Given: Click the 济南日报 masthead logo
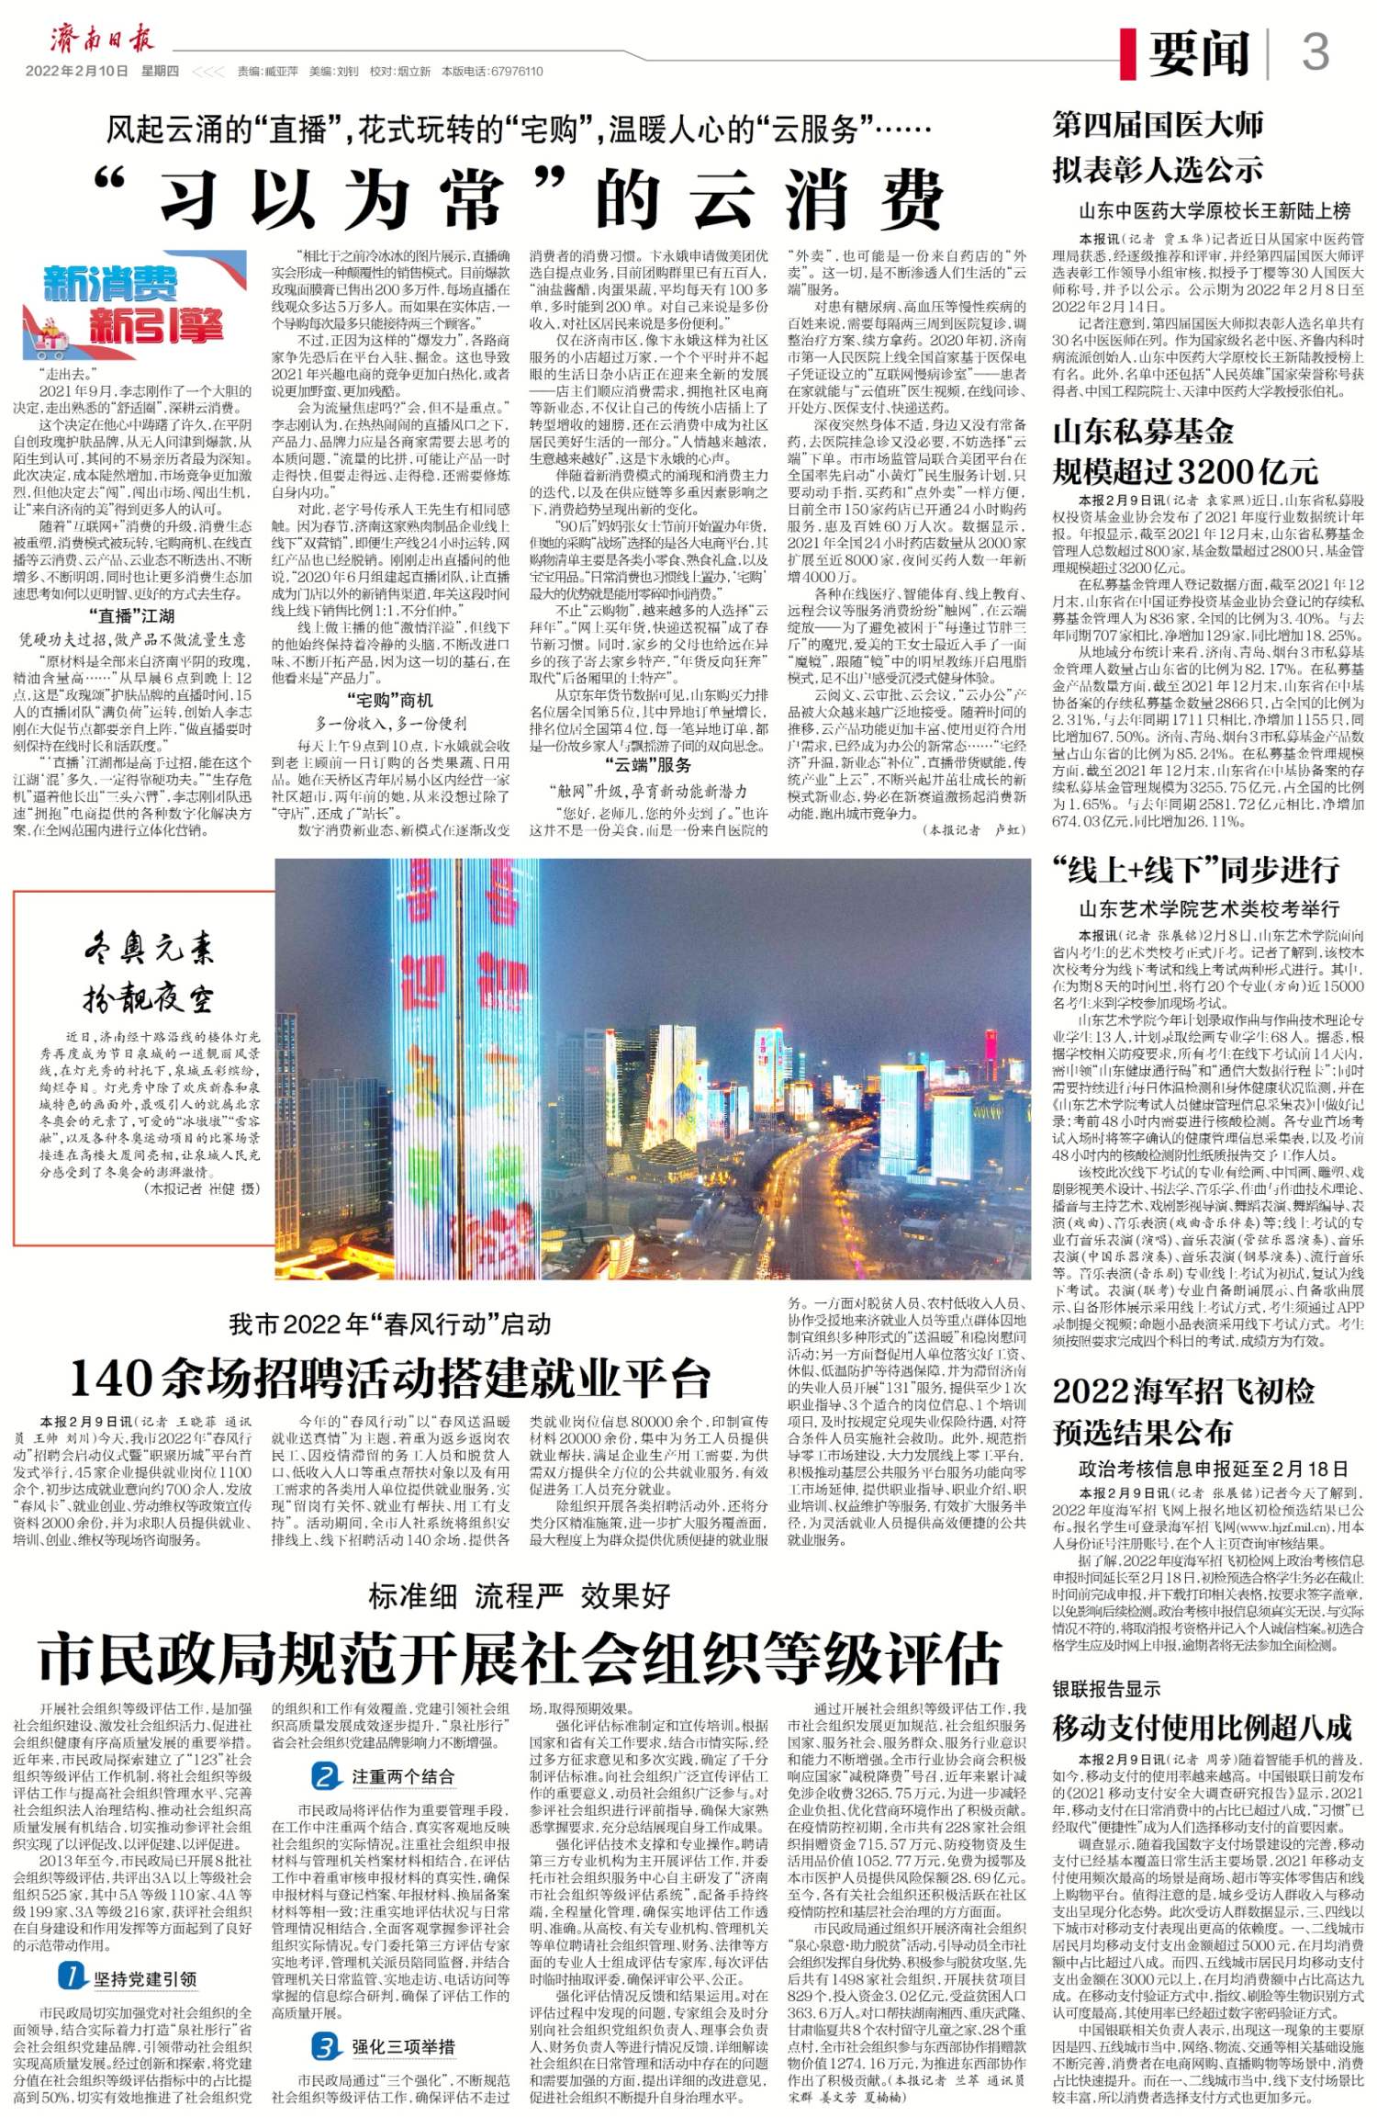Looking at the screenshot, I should [102, 39].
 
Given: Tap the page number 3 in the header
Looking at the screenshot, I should [1315, 51].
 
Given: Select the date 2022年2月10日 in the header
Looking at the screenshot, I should [76, 72].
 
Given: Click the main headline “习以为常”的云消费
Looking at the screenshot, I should [520, 200].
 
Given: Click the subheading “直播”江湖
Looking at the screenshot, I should [131, 615].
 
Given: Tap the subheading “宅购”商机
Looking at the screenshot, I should [390, 700].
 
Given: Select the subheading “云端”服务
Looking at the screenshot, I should [648, 766].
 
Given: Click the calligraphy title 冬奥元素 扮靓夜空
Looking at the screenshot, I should [148, 972].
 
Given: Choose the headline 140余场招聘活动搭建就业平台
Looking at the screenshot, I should [390, 1378].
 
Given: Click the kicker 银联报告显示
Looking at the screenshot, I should [1106, 1688].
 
